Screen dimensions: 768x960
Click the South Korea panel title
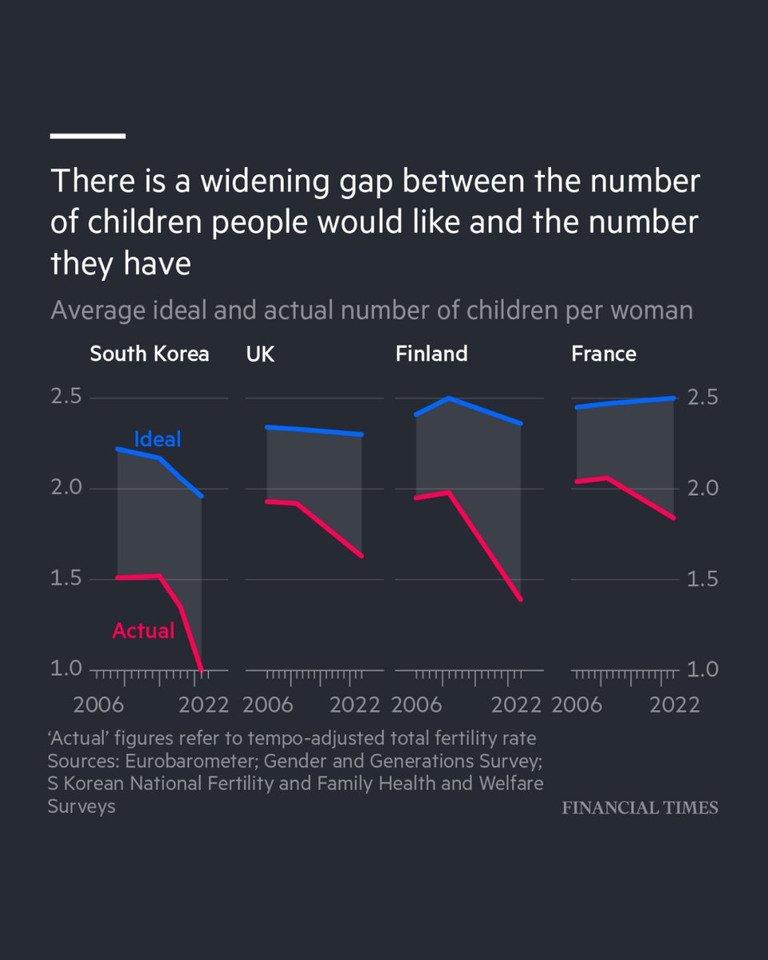tap(150, 354)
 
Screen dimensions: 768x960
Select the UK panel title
tap(260, 354)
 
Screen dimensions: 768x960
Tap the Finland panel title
tap(431, 354)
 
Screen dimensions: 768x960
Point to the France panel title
tap(604, 354)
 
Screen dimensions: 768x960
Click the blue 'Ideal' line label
tap(158, 439)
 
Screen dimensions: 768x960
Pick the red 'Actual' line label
tap(143, 630)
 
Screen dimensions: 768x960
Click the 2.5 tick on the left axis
tap(66, 396)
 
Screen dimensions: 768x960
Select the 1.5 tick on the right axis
tap(702, 579)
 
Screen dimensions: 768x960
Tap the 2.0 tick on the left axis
tap(66, 487)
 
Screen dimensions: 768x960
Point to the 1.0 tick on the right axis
tap(702, 670)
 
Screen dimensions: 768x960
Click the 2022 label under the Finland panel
tap(516, 706)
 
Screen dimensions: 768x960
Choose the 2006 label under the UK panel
tap(268, 706)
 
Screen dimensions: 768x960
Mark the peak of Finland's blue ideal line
tap(449, 398)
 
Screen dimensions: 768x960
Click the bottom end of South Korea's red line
tap(202, 670)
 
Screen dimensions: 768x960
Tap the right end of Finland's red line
tap(521, 599)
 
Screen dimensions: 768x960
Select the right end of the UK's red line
tap(362, 556)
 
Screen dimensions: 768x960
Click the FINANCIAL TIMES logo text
tap(640, 808)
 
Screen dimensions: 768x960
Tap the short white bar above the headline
tap(87, 136)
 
